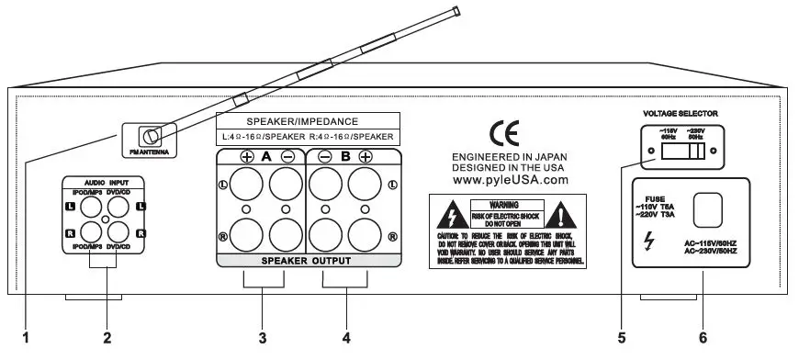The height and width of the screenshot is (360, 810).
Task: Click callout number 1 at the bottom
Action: click(x=26, y=338)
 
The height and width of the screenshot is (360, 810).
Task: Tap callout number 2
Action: click(x=107, y=338)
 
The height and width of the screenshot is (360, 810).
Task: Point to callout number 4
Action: click(x=346, y=338)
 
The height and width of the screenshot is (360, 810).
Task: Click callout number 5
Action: click(x=621, y=338)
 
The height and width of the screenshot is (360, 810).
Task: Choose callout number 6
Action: click(x=703, y=338)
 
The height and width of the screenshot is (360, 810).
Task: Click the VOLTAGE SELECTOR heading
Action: click(x=681, y=113)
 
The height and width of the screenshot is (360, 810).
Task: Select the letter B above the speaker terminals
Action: click(x=347, y=156)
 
